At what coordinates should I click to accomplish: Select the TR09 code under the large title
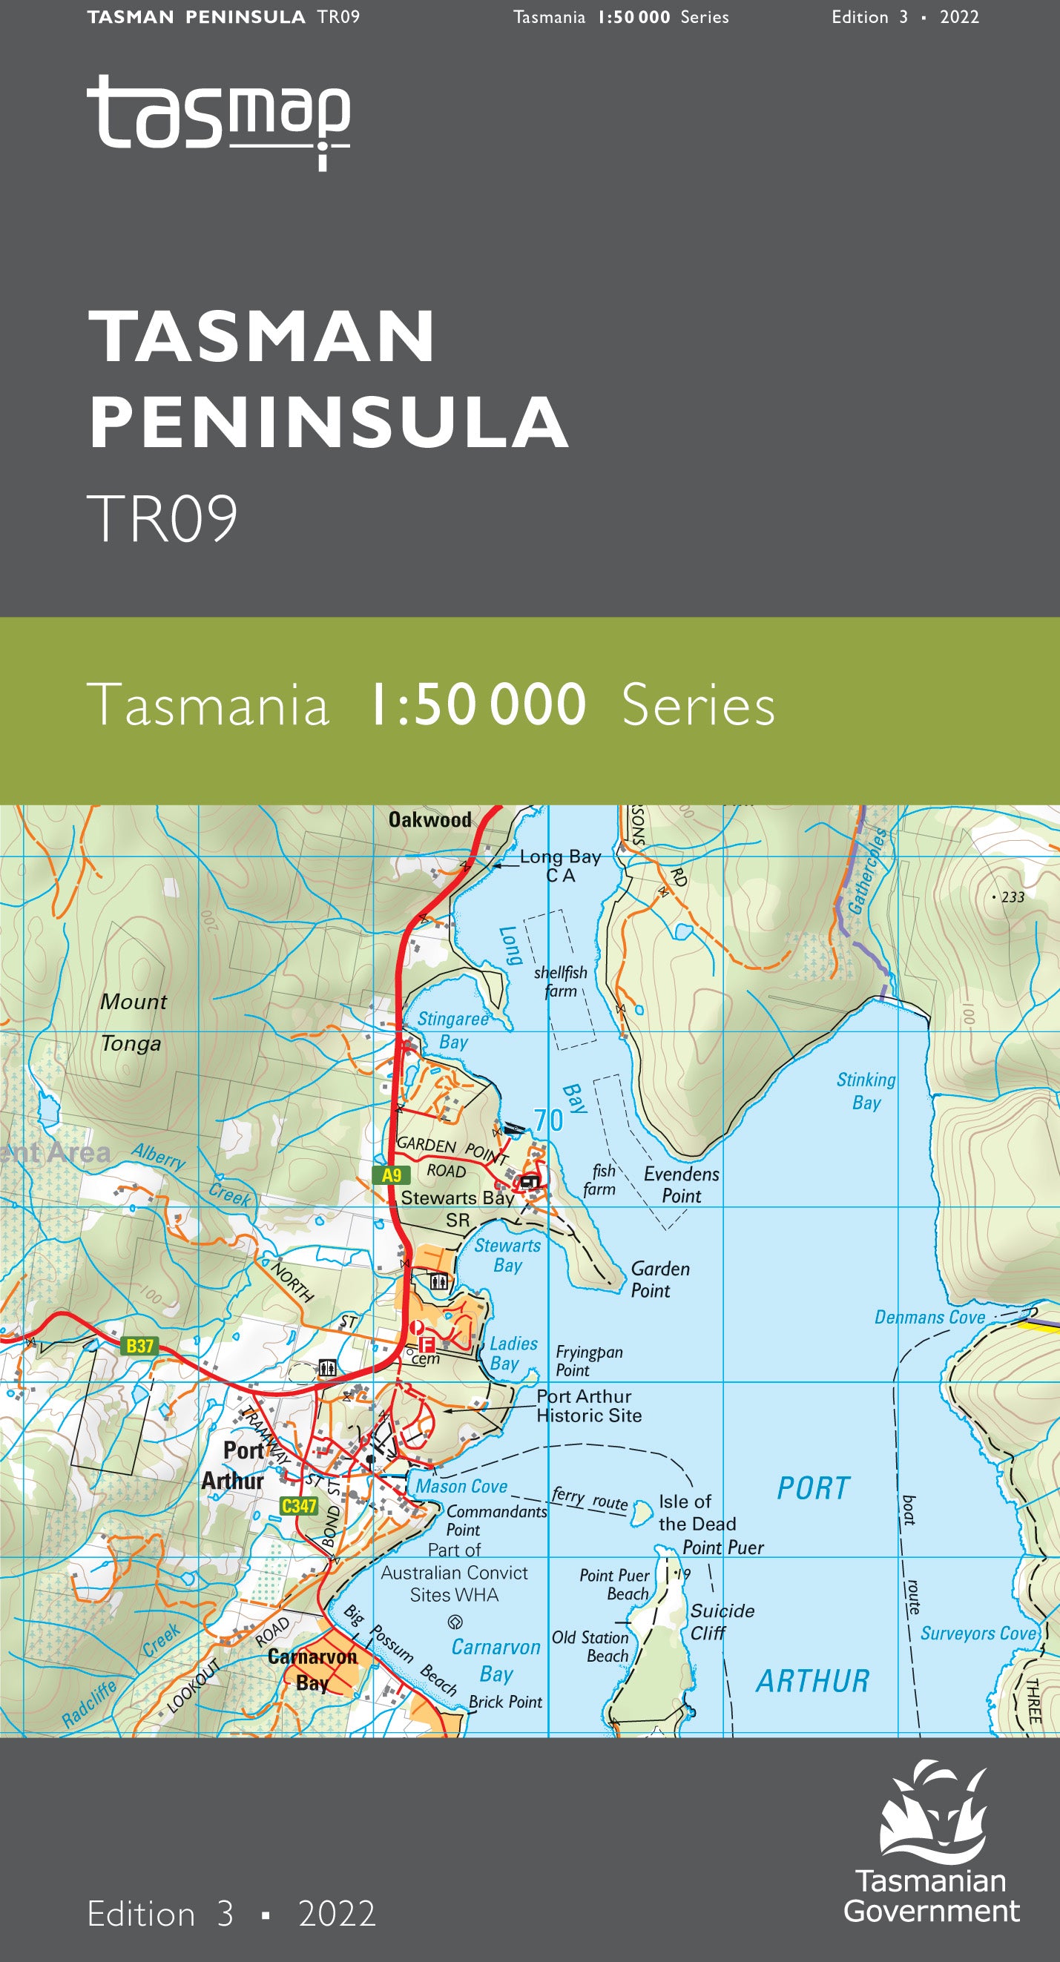[162, 519]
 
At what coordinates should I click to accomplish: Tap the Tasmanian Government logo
[931, 1846]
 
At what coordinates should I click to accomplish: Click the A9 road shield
[391, 1175]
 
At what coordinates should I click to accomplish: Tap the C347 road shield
[299, 1506]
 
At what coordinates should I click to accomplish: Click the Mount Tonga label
[133, 1022]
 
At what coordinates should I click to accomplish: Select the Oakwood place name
[429, 820]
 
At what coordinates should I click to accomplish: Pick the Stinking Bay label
[866, 1091]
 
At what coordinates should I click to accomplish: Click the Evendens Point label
[681, 1184]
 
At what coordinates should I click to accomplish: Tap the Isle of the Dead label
[697, 1513]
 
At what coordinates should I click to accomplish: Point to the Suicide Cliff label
[721, 1621]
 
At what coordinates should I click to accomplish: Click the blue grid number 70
[549, 1120]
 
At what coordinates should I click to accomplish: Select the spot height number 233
[1012, 897]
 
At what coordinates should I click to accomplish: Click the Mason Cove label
[461, 1486]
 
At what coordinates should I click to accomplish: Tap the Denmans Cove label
[929, 1318]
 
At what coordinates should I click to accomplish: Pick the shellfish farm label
[560, 982]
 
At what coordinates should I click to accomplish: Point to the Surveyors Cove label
[978, 1633]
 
